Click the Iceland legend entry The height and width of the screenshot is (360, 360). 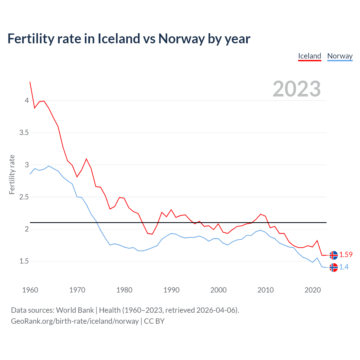coord(310,56)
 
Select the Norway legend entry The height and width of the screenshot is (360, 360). coord(340,56)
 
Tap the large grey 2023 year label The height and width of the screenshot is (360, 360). coord(297,89)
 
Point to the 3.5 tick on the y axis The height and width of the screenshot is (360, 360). coord(24,132)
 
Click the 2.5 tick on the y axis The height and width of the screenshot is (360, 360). coord(24,197)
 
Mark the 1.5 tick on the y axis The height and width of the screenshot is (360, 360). coord(24,261)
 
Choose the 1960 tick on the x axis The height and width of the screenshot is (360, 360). coord(30,290)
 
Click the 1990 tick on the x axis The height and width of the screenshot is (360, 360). coord(171,290)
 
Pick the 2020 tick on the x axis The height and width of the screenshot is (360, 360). coord(312,290)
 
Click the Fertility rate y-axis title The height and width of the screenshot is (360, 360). coord(12,174)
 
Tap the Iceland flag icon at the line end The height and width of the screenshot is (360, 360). coord(334,255)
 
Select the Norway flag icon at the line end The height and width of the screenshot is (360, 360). coord(334,267)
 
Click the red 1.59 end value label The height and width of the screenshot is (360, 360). coord(346,255)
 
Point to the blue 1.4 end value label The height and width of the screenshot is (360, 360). coord(344,267)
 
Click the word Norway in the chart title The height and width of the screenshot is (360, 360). coord(181,39)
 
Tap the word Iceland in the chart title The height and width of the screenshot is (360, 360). coord(119,39)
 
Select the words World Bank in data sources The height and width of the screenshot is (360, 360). coord(75,310)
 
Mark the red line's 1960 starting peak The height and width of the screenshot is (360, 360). coord(30,82)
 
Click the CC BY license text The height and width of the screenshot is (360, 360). coord(154,321)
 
